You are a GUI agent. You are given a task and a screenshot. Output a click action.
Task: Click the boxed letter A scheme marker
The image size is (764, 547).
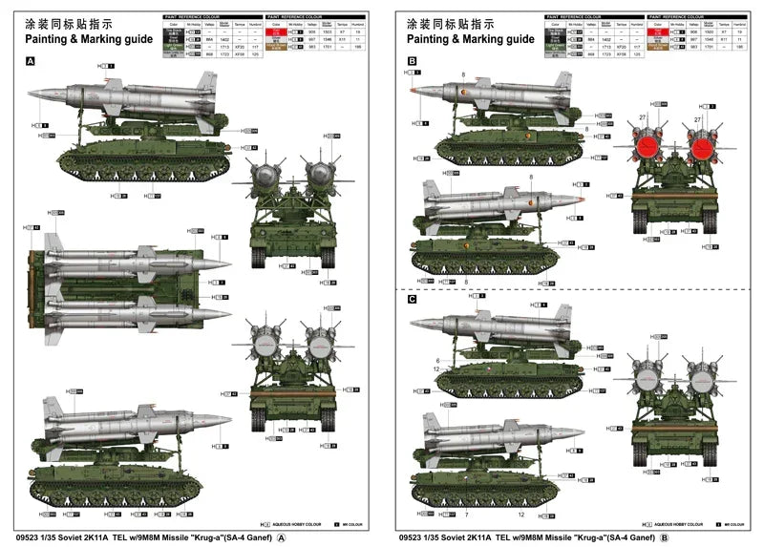(x=30, y=60)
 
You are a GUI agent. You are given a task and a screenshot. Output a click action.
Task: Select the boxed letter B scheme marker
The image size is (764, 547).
(x=412, y=60)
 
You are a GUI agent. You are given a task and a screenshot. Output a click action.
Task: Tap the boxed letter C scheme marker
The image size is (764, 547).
(x=412, y=299)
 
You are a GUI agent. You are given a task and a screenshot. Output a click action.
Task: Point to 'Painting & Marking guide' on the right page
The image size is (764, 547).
(x=470, y=39)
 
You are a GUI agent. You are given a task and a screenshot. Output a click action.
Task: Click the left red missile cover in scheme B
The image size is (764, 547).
(x=647, y=145)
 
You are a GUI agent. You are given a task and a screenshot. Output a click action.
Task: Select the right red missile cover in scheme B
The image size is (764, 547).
(x=700, y=145)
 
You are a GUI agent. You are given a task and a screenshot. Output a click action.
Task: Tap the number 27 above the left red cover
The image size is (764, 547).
(x=643, y=116)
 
